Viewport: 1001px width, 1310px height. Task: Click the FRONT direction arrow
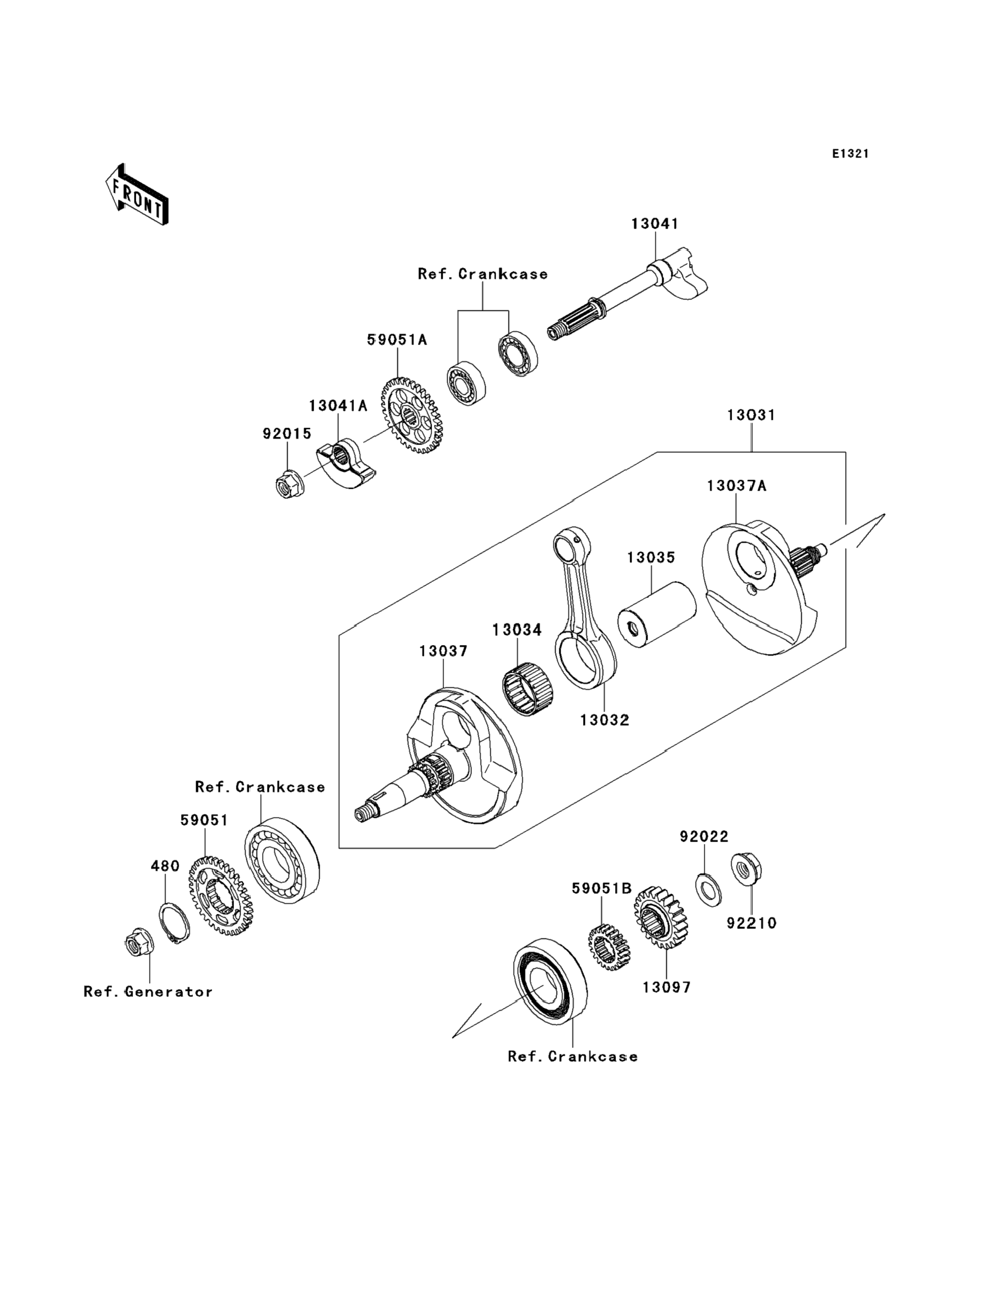coord(136,194)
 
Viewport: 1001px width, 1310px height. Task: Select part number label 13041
coord(655,224)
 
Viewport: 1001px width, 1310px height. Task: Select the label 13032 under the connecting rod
coord(605,720)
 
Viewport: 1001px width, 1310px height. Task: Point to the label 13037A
coord(736,486)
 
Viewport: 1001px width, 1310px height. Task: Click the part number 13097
coord(666,988)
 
